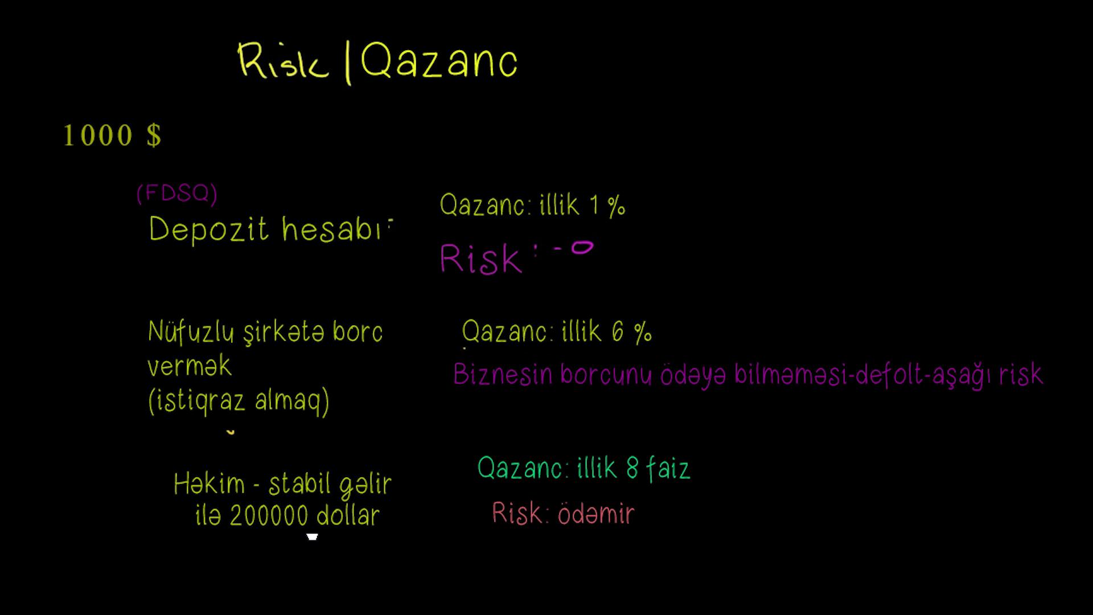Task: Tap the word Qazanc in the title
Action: click(x=439, y=60)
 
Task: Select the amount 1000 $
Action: click(x=112, y=136)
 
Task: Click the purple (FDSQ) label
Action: click(x=176, y=194)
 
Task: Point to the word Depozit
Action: click(x=208, y=229)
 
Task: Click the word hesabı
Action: click(x=331, y=229)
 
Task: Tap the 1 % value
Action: click(x=607, y=206)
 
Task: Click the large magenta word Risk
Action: click(x=481, y=259)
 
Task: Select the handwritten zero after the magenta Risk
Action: click(x=582, y=248)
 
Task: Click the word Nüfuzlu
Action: click(x=191, y=332)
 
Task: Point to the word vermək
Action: click(x=190, y=366)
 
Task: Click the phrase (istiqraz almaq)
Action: click(x=239, y=401)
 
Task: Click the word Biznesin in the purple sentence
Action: click(x=503, y=375)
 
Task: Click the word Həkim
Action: click(x=209, y=484)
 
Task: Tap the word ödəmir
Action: click(x=595, y=514)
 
